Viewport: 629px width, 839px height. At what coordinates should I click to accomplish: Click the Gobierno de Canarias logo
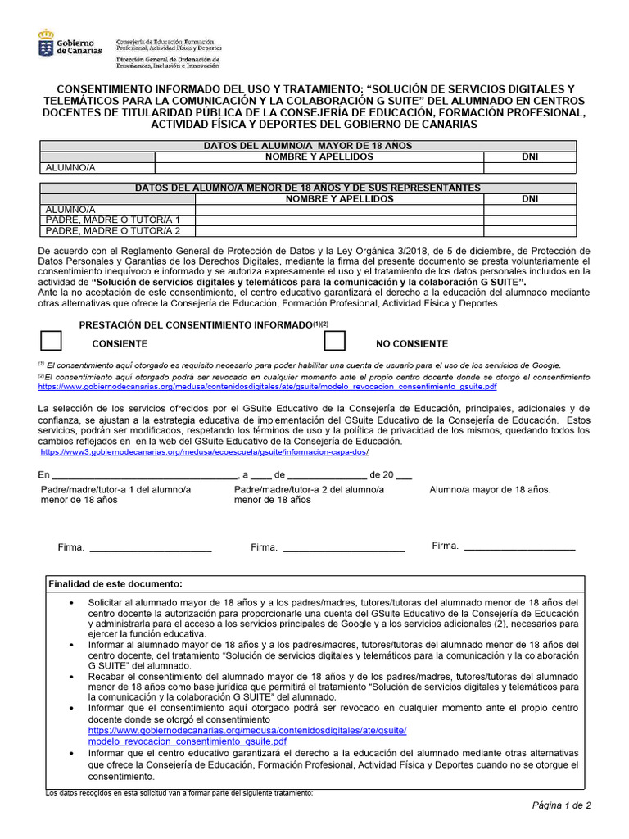(x=70, y=43)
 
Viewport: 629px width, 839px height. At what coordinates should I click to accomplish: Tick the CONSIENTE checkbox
(x=51, y=342)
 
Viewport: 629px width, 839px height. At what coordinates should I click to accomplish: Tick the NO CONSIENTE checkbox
(x=334, y=342)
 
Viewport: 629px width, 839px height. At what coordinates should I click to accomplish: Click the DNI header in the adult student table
(x=530, y=156)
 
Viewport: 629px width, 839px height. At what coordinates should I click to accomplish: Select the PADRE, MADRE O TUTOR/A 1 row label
(x=113, y=220)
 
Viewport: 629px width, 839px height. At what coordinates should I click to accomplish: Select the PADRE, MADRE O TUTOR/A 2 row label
(x=113, y=231)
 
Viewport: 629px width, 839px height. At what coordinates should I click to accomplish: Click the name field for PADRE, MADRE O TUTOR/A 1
(x=339, y=220)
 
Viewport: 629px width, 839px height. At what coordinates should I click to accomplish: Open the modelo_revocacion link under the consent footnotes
(x=267, y=386)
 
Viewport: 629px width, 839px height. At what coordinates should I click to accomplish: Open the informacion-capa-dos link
(x=205, y=451)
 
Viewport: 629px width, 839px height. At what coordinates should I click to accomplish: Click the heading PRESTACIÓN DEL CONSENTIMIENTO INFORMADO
(x=196, y=325)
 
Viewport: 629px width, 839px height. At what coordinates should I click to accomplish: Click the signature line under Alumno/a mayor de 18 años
(x=518, y=546)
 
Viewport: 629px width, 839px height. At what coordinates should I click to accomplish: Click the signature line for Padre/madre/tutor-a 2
(x=343, y=548)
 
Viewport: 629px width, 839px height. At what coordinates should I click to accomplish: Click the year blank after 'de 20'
(x=403, y=475)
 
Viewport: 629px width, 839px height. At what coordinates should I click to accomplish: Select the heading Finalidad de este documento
(x=115, y=584)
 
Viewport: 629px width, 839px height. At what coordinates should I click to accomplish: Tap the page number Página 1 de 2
(x=561, y=805)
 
